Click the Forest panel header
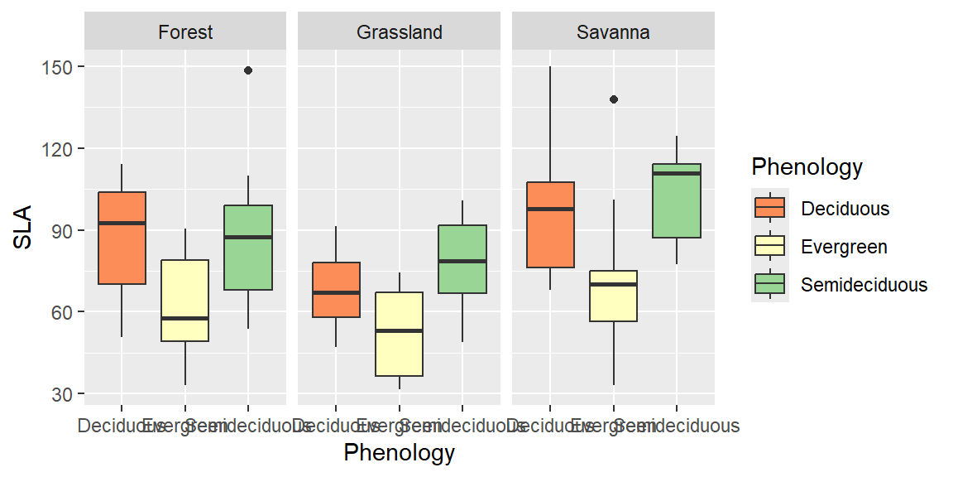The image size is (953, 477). (x=185, y=32)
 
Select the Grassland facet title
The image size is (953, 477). (x=400, y=32)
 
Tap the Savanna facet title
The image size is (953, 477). (x=613, y=32)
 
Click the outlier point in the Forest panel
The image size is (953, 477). (x=248, y=70)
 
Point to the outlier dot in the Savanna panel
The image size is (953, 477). (x=614, y=99)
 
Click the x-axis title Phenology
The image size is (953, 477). (x=400, y=453)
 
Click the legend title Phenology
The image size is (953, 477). (x=807, y=167)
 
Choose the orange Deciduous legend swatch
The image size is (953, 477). (x=770, y=208)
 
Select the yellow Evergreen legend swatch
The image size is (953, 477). (x=770, y=247)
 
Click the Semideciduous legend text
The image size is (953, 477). (x=864, y=285)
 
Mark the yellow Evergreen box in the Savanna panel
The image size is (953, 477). (x=614, y=296)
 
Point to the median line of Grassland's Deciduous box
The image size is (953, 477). (x=336, y=292)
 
